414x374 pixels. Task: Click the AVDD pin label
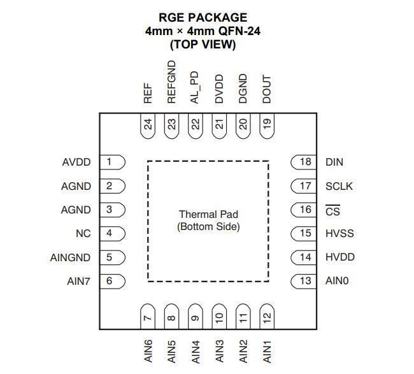click(76, 162)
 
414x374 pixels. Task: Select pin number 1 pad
click(112, 162)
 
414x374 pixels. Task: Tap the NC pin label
click(83, 233)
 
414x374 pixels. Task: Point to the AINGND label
click(70, 257)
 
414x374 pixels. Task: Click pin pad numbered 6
click(112, 281)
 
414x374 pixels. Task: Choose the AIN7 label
click(79, 281)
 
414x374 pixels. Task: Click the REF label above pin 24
click(148, 93)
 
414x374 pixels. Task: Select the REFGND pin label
click(171, 82)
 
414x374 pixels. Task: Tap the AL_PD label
click(195, 87)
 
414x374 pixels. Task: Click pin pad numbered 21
click(219, 126)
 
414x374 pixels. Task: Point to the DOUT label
click(267, 89)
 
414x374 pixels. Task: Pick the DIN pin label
click(334, 162)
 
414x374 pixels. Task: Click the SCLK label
click(339, 187)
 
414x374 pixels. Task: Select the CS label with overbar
click(332, 210)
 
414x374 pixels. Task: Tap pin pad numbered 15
click(303, 233)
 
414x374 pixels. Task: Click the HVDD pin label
click(340, 257)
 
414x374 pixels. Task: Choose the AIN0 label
click(337, 281)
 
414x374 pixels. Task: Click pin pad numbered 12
click(267, 317)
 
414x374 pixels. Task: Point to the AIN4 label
click(196, 352)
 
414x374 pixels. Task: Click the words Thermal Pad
click(208, 214)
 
